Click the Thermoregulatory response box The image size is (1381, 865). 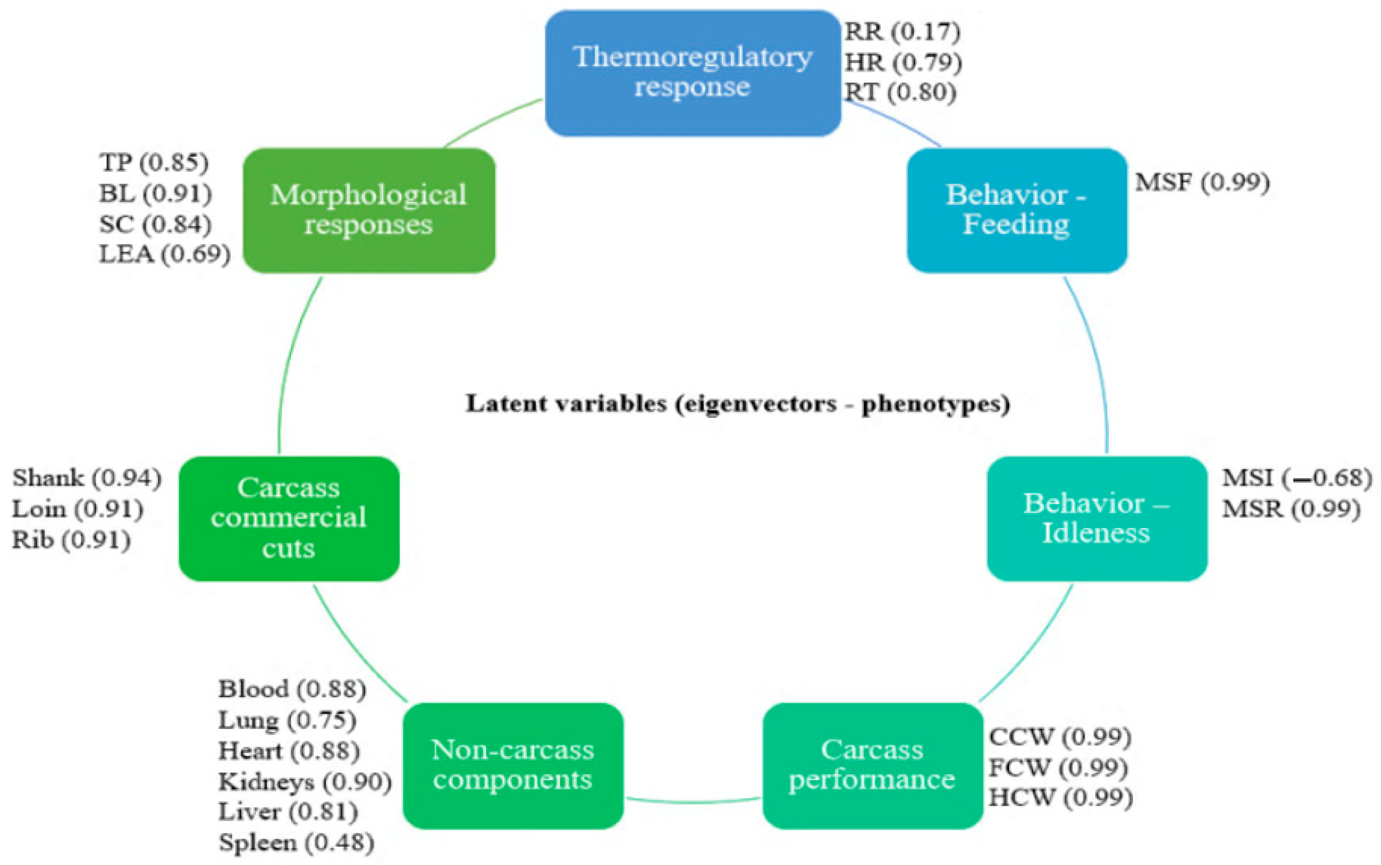(693, 73)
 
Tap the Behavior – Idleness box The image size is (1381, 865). (1097, 518)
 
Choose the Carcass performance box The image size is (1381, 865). (872, 765)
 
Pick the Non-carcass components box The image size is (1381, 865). (513, 765)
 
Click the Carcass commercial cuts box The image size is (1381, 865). (289, 518)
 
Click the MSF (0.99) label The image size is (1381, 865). (1202, 183)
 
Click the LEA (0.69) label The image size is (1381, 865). (165, 254)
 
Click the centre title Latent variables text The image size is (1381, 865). (738, 404)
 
